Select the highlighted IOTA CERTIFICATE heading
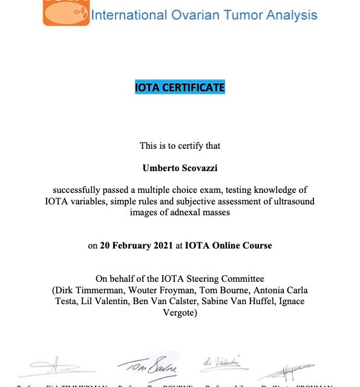(180, 88)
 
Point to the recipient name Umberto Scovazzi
(180, 167)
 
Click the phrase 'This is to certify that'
(180, 146)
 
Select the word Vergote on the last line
(180, 311)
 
